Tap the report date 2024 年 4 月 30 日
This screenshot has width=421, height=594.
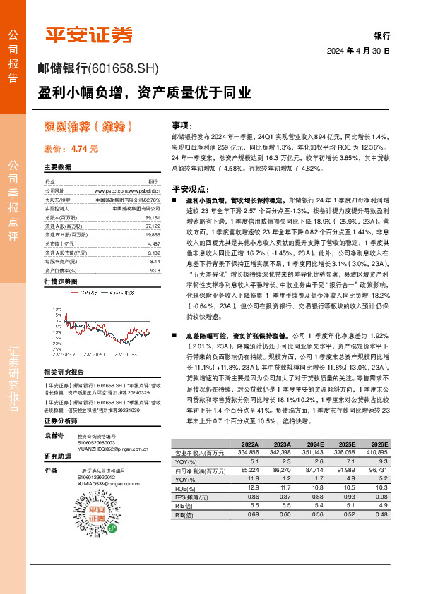(358, 51)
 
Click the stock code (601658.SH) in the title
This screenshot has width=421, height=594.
(124, 69)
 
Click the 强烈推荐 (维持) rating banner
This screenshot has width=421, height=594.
(88, 127)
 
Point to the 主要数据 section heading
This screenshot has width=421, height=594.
(58, 167)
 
